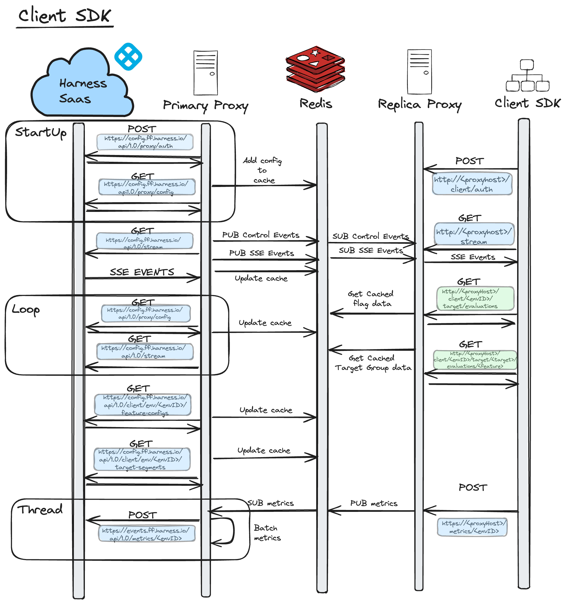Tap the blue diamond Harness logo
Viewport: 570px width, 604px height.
(128, 57)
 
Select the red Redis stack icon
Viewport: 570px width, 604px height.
(315, 69)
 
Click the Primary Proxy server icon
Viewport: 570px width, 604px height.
(206, 73)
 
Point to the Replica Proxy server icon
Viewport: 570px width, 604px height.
(419, 72)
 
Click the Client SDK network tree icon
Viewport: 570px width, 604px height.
(527, 76)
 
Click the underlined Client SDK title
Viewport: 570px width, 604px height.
(65, 16)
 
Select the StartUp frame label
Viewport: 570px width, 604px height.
(41, 133)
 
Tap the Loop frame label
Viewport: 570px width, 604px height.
(25, 310)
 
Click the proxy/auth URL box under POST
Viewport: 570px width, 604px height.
(145, 142)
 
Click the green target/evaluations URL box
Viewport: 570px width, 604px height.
(475, 298)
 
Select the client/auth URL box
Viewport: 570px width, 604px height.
(472, 184)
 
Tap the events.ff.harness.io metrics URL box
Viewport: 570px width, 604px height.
(146, 534)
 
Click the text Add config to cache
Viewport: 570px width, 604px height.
(263, 170)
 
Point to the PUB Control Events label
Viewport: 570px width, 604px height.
(261, 235)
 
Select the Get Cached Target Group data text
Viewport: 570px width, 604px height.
(372, 363)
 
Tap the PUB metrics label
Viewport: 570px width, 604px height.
(373, 503)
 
